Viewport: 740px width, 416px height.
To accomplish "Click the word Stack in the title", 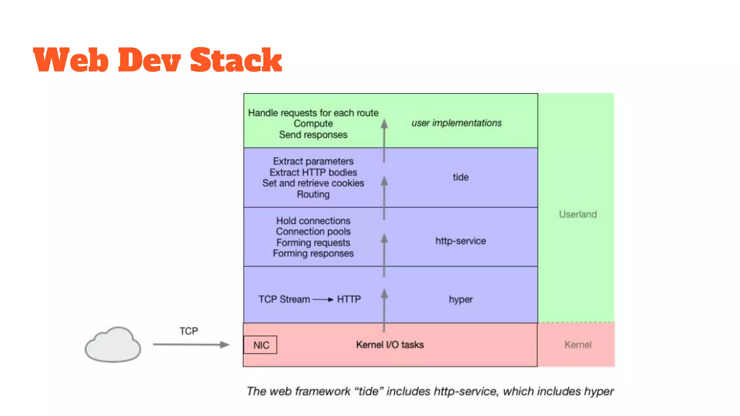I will click(x=236, y=60).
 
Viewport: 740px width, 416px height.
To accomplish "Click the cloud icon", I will click(x=113, y=345).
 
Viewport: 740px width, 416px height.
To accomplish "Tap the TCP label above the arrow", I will click(x=189, y=331).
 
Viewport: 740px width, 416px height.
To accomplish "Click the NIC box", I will click(x=261, y=345).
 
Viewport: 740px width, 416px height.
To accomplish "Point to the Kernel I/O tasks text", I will click(x=390, y=344).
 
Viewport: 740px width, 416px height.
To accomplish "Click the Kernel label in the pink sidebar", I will click(x=577, y=344).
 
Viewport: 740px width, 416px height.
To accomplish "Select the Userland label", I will click(x=577, y=214).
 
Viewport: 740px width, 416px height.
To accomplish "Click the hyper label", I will click(x=460, y=299).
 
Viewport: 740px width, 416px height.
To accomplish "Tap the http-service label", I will click(x=460, y=241).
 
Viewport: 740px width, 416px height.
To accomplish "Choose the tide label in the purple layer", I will click(x=460, y=177).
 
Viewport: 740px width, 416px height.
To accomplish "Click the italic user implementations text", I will click(x=456, y=123).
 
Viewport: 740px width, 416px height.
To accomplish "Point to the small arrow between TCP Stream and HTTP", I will click(x=323, y=299).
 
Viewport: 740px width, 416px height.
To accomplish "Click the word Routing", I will click(x=313, y=194).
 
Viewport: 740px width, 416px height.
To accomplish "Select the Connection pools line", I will click(x=313, y=231).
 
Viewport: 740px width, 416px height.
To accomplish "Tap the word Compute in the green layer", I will click(x=313, y=123).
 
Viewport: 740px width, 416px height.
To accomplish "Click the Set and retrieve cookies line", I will click(x=313, y=183).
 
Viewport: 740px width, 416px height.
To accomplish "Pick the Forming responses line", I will click(x=313, y=253).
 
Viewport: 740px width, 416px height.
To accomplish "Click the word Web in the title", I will click(x=71, y=60).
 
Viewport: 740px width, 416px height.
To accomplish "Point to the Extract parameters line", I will click(x=313, y=161).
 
